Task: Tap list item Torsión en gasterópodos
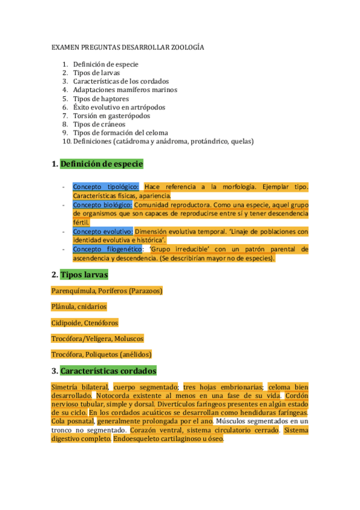(x=111, y=115)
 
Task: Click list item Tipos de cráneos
(x=99, y=124)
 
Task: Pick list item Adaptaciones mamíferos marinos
(x=125, y=90)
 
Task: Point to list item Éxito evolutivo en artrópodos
(x=119, y=107)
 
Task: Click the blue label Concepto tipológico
(x=106, y=187)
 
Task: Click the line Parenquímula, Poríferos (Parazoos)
(x=107, y=291)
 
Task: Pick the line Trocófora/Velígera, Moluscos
(x=97, y=339)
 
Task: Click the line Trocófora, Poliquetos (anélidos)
(x=102, y=355)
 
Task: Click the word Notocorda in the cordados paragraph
(x=116, y=396)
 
